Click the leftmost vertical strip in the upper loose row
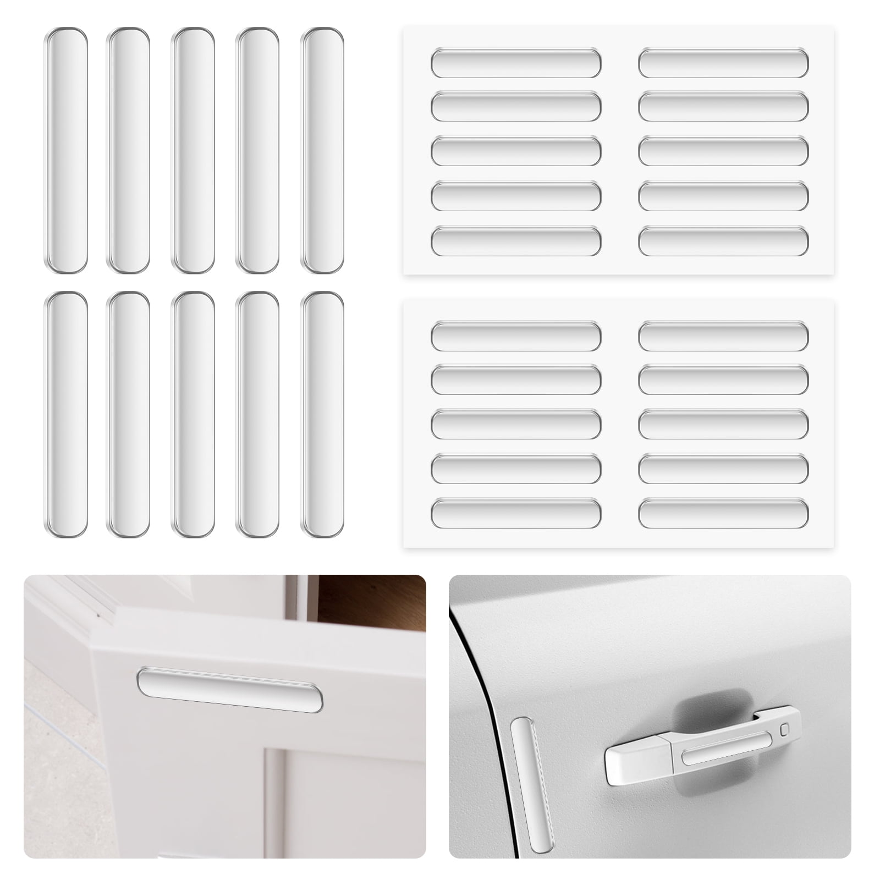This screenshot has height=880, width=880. coord(66,150)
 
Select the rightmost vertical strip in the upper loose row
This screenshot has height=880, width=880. coord(322,150)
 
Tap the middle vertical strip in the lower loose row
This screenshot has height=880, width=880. coord(193,414)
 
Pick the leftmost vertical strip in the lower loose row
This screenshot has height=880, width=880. coord(66,414)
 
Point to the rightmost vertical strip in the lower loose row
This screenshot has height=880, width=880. coord(322,414)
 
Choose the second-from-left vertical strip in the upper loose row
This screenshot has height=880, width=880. coord(128,150)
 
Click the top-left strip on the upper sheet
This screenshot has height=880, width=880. coord(516,63)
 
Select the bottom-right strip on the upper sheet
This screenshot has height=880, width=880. coord(723,241)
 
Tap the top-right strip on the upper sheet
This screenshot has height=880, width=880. coord(723,63)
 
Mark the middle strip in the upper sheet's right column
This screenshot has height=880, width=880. coord(723,151)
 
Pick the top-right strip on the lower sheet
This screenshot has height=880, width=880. coord(723,336)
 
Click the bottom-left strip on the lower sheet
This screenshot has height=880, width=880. coord(516,513)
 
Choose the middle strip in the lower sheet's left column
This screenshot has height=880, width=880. coord(516,424)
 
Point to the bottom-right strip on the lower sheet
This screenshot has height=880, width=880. coord(723,513)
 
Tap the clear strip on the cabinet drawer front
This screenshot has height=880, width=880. coord(230,690)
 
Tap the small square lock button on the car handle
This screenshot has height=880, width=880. coord(784,730)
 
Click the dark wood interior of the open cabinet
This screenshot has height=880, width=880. coord(374,602)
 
